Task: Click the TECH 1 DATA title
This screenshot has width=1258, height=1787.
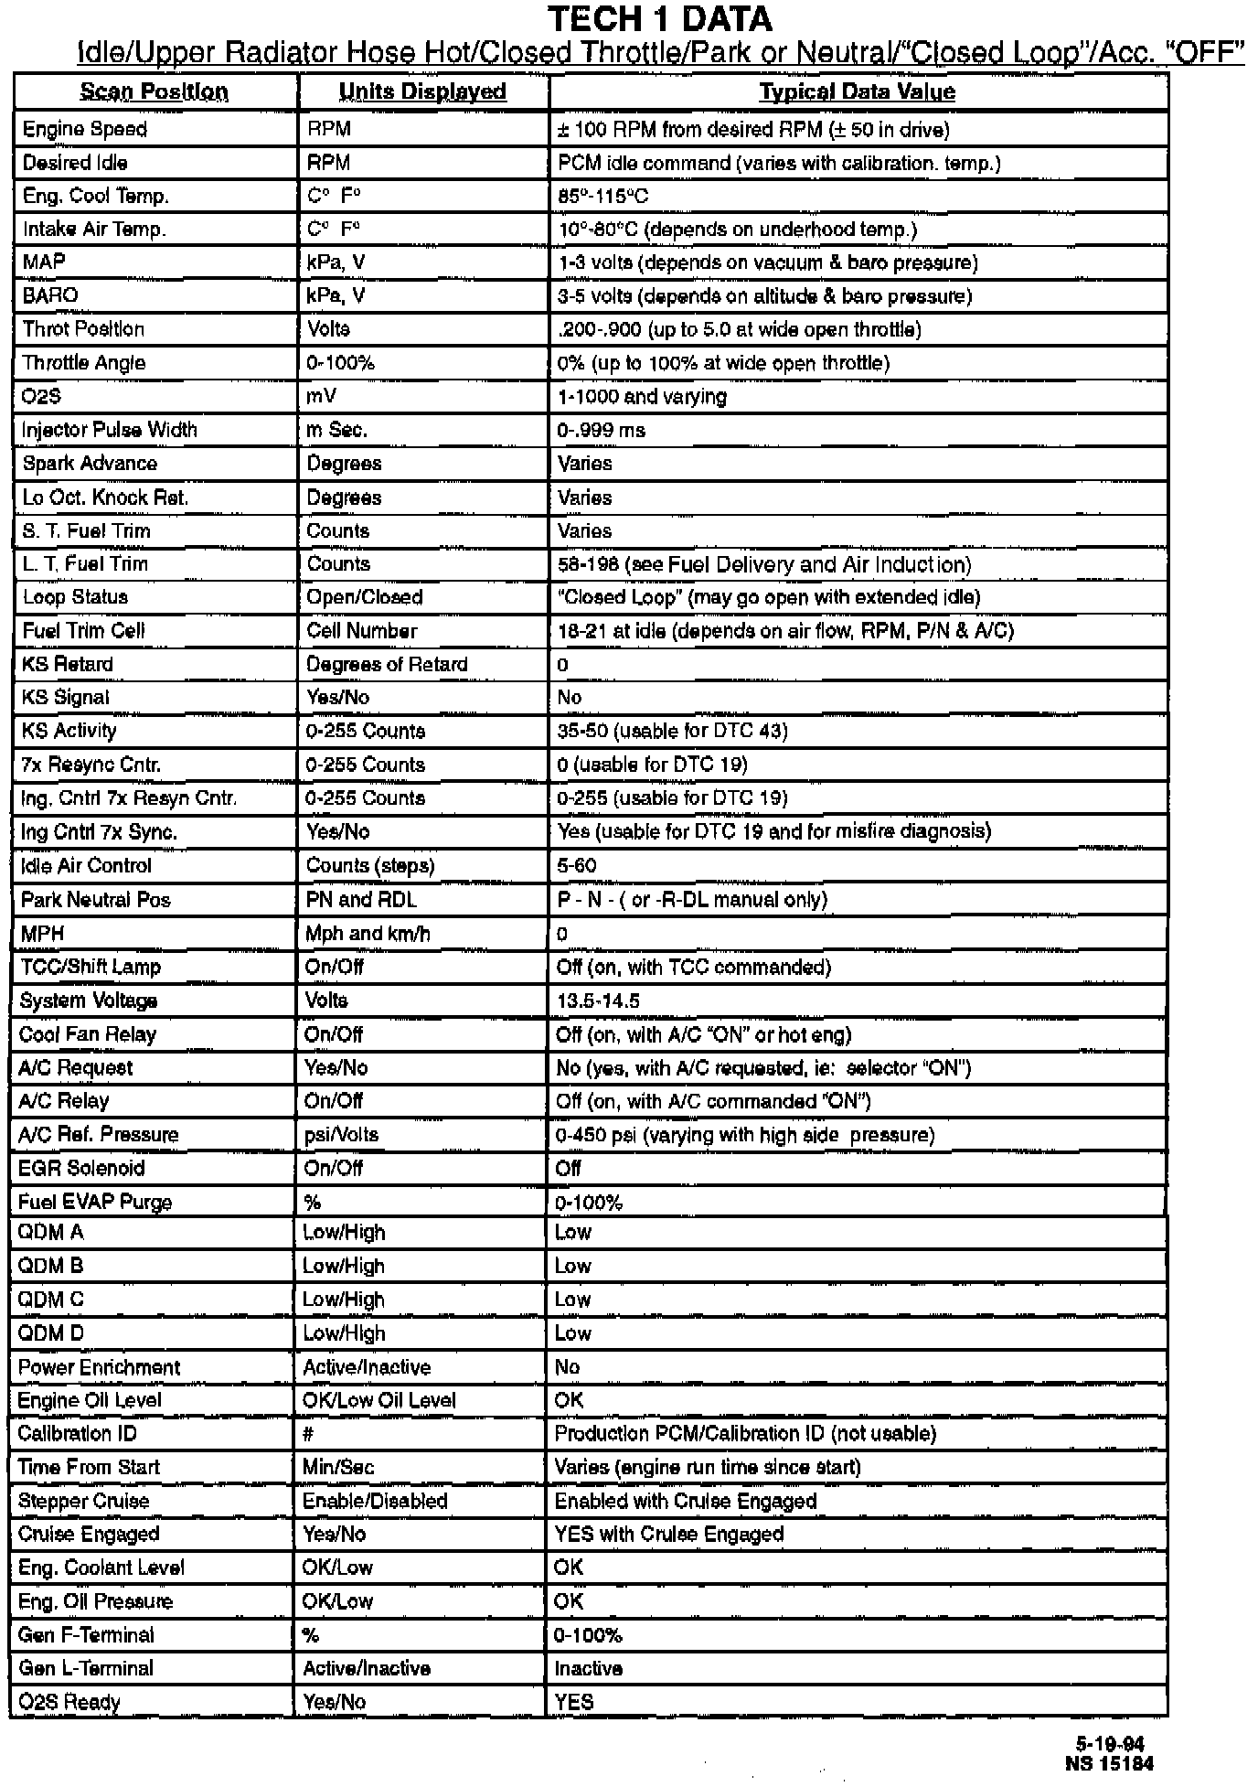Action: pos(659,18)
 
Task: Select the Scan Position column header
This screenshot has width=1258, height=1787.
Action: pos(154,91)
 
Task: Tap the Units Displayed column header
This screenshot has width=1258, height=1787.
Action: pos(422,91)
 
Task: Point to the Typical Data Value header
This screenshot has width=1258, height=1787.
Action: pos(858,91)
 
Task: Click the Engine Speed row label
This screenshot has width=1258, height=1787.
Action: pos(85,129)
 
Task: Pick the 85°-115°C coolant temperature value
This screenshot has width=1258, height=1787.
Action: pos(603,197)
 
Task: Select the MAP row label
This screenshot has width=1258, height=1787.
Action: pos(44,262)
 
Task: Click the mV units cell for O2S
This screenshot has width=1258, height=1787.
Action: pos(321,397)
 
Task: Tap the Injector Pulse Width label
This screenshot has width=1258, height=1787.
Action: pos(110,430)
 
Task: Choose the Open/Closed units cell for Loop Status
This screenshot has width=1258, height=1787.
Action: pos(365,597)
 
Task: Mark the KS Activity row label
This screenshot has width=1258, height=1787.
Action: pos(69,731)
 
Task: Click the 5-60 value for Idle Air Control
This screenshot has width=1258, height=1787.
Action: pos(577,865)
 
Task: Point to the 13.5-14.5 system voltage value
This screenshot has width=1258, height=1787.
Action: pos(598,1001)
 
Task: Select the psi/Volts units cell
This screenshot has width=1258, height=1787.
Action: pos(341,1135)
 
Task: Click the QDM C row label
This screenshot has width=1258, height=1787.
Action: pos(51,1300)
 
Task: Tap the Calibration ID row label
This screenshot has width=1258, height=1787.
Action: pos(78,1434)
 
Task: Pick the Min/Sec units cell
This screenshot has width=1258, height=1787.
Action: pos(338,1468)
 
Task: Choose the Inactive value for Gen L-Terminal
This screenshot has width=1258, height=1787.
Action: pos(589,1669)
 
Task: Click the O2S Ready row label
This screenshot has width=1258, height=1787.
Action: pos(69,1703)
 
